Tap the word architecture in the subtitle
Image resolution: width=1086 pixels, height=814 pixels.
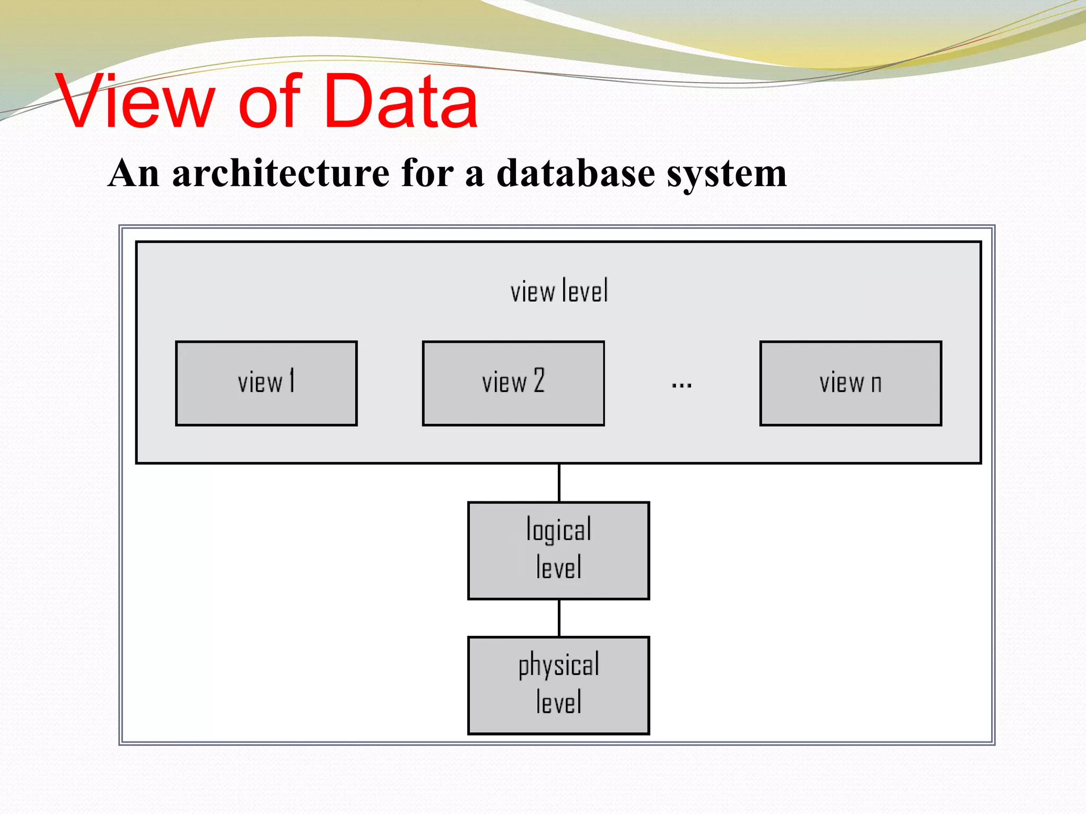(281, 173)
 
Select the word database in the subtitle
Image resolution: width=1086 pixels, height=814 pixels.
(575, 173)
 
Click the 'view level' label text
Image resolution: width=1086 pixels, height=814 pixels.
(559, 291)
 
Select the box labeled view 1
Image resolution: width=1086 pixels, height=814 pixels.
(266, 383)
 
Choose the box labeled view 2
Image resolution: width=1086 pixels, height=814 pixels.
(513, 383)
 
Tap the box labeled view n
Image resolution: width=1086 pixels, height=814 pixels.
(850, 383)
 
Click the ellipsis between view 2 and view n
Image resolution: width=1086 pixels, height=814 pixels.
(681, 385)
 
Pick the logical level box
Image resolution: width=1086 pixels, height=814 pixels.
(558, 550)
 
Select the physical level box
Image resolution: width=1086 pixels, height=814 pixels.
(558, 685)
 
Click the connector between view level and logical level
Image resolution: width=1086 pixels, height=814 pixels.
(559, 483)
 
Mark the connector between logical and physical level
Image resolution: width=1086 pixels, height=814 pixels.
(559, 618)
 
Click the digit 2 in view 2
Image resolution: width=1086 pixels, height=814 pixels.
(539, 381)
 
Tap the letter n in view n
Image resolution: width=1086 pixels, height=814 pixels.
(876, 383)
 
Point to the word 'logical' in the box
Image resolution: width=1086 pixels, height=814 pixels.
(558, 530)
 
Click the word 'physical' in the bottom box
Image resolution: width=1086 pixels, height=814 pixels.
(558, 666)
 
